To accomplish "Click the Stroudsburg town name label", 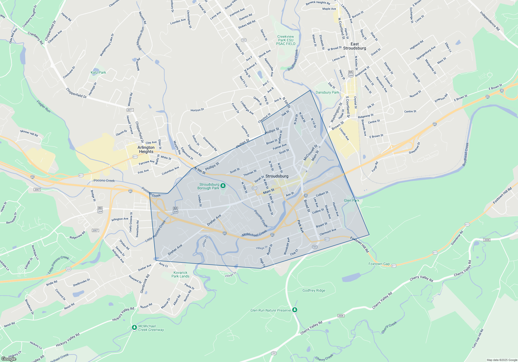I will click(277, 176).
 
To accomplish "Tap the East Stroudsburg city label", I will click(355, 46).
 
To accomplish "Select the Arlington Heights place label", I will click(146, 149).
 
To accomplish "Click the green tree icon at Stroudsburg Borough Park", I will click(223, 186).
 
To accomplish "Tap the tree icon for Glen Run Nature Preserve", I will click(294, 310).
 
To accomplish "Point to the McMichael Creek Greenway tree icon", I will click(134, 327).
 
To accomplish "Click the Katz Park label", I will click(98, 72).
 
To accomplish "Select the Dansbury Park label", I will click(327, 92).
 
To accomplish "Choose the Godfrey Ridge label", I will click(314, 290).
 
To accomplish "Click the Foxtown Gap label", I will click(379, 264).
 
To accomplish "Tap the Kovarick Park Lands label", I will click(180, 274).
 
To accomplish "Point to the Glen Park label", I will click(351, 200).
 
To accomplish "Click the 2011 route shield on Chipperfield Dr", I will click(130, 110).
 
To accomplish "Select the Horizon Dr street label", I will click(197, 110).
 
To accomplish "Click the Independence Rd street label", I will click(490, 21).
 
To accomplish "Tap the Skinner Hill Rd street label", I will click(29, 133).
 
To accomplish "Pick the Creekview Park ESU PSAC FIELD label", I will click(285, 40).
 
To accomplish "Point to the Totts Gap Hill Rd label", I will click(478, 338).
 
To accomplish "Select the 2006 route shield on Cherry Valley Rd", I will click(341, 316).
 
